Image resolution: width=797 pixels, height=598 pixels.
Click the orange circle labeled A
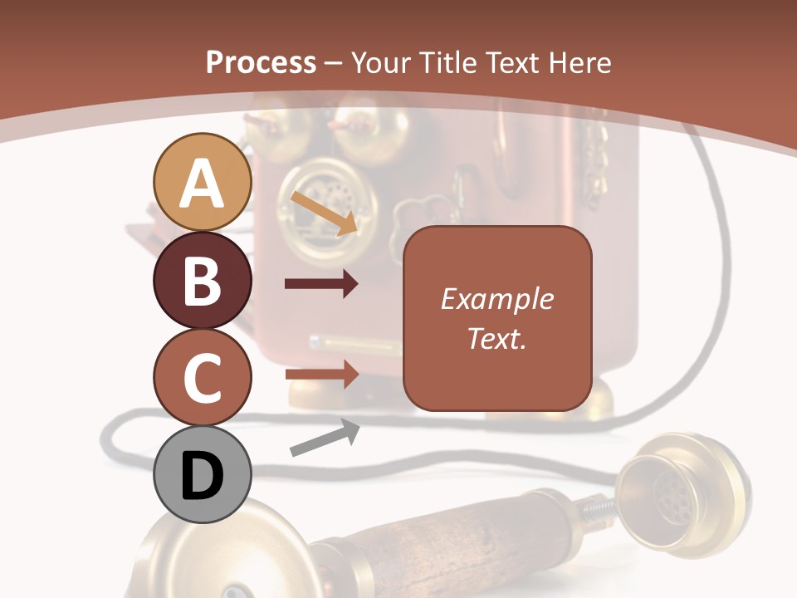click(202, 182)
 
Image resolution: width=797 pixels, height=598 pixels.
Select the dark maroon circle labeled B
click(202, 280)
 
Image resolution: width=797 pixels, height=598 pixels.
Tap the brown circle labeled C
click(202, 377)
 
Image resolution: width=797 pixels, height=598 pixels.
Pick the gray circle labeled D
click(202, 475)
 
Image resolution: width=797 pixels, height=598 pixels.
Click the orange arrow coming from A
click(325, 213)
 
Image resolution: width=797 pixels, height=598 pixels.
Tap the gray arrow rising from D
click(325, 438)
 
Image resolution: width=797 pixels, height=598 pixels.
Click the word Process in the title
click(261, 62)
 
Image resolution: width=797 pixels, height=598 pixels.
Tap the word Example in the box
click(496, 299)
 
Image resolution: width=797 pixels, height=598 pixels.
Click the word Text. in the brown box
click(496, 338)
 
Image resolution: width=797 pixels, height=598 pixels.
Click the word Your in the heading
click(382, 62)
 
